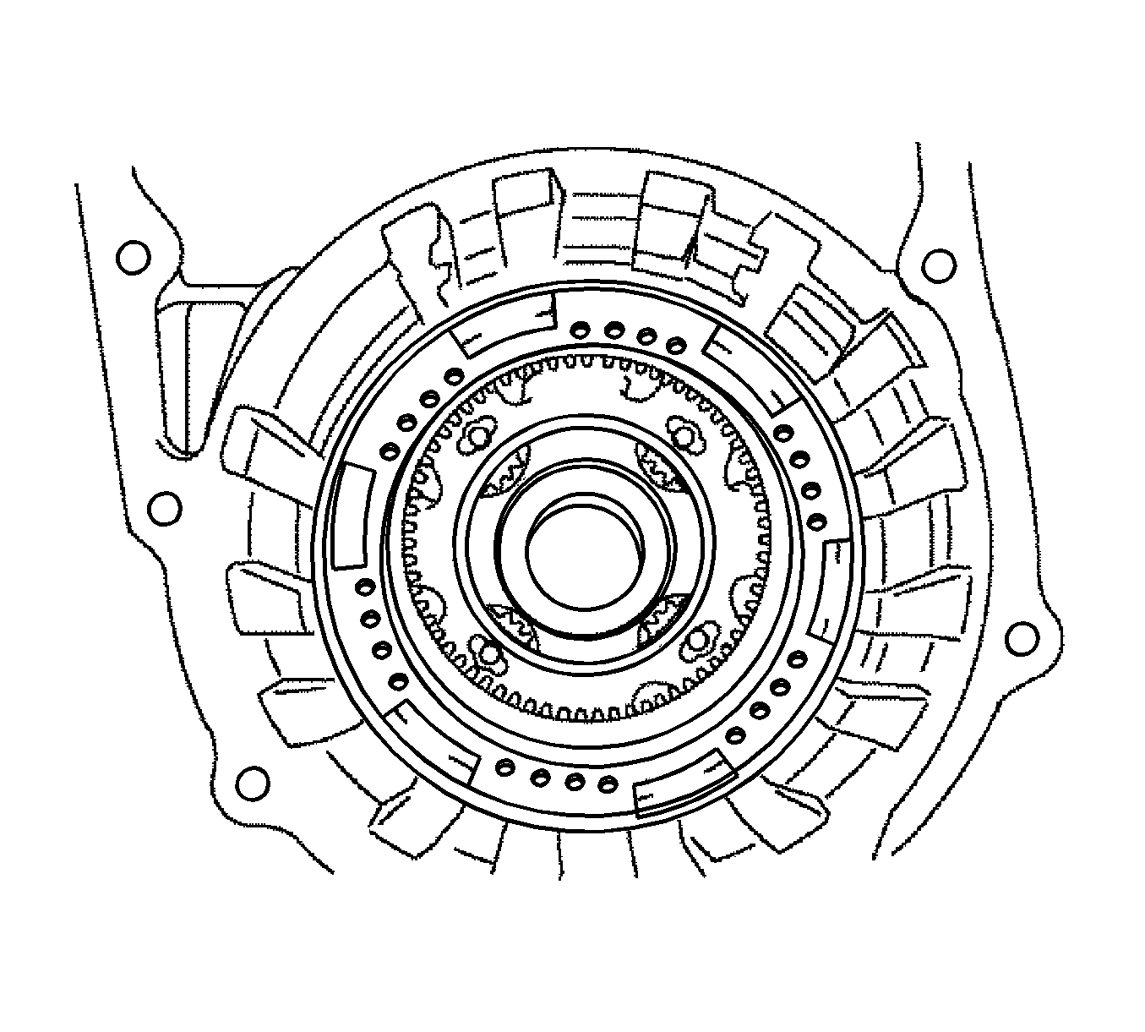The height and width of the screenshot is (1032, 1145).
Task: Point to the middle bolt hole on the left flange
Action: (x=164, y=508)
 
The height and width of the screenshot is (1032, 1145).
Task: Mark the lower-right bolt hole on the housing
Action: (x=1022, y=638)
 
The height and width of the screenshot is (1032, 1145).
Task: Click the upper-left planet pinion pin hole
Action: (x=478, y=436)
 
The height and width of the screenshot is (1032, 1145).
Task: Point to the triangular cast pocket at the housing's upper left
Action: (x=182, y=363)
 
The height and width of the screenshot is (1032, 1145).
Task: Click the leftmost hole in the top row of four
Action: (x=579, y=329)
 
